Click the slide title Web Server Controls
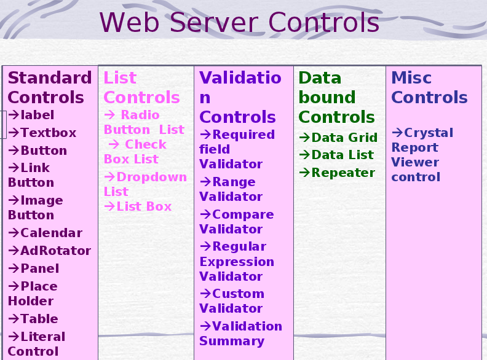pyautogui.click(x=239, y=23)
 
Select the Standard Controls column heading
pyautogui.click(x=49, y=88)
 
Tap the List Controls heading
pyautogui.click(x=141, y=88)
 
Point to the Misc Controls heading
pyautogui.click(x=429, y=88)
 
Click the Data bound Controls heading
pyautogui.click(x=336, y=98)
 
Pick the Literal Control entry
pyautogui.click(x=37, y=344)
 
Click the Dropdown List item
pyautogui.click(x=145, y=184)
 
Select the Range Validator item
pyautogui.click(x=231, y=189)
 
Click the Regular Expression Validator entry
pyautogui.click(x=237, y=262)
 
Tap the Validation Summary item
pyautogui.click(x=240, y=334)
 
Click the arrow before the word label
pyautogui.click(x=14, y=115)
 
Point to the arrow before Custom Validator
pyautogui.click(x=205, y=294)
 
